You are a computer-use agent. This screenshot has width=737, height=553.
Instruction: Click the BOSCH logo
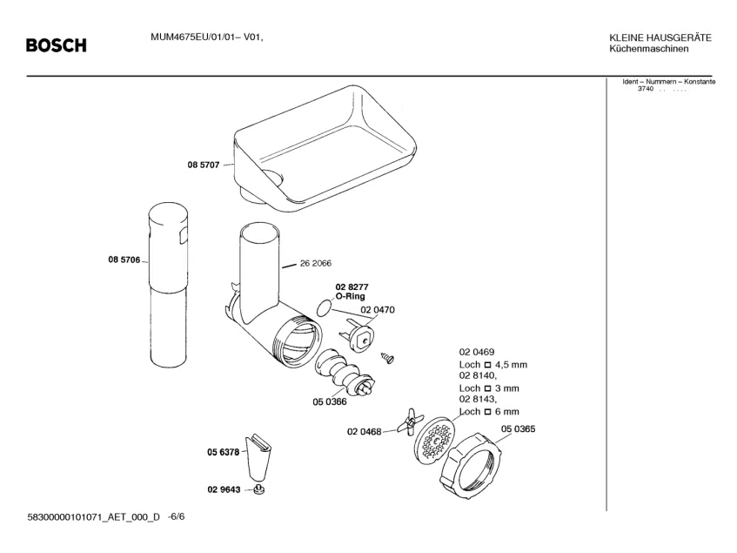[x=56, y=45]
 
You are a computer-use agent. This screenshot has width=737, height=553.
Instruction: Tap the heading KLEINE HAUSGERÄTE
[x=661, y=37]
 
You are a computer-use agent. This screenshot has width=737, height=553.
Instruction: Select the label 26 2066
[x=315, y=262]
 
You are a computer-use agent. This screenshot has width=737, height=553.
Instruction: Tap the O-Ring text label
[x=352, y=296]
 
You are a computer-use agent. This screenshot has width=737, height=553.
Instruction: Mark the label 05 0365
[x=518, y=428]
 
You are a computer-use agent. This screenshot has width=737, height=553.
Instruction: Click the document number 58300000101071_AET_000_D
[x=83, y=516]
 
